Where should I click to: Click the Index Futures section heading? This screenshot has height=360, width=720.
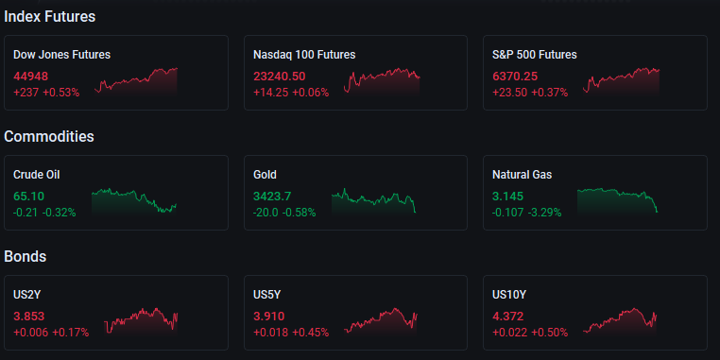(x=49, y=16)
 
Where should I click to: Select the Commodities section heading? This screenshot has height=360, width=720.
(x=49, y=136)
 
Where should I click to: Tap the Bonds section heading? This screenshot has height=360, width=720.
(x=26, y=256)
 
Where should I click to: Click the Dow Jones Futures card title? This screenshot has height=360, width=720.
(x=62, y=55)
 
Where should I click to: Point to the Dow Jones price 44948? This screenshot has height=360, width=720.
(x=31, y=77)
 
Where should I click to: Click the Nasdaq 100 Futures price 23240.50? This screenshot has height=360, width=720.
(x=279, y=77)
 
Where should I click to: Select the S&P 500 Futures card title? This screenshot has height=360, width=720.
(x=535, y=55)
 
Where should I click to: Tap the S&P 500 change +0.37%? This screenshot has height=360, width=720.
(x=550, y=93)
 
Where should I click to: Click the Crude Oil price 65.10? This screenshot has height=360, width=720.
(x=29, y=197)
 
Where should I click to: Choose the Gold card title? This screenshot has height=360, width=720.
(x=265, y=175)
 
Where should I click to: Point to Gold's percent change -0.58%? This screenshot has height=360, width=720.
(x=299, y=213)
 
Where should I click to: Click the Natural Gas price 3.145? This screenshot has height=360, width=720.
(x=507, y=197)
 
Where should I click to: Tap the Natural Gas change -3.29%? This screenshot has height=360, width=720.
(x=544, y=213)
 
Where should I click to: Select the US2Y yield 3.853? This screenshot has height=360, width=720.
(x=29, y=317)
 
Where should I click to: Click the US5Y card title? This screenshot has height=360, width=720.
(x=266, y=295)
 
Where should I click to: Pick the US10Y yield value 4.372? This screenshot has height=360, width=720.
(x=507, y=317)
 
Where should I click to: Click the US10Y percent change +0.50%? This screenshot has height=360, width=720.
(x=549, y=333)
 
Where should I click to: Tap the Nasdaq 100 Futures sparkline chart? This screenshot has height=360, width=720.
(x=382, y=82)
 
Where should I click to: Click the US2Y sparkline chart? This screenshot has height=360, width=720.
(x=141, y=320)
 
